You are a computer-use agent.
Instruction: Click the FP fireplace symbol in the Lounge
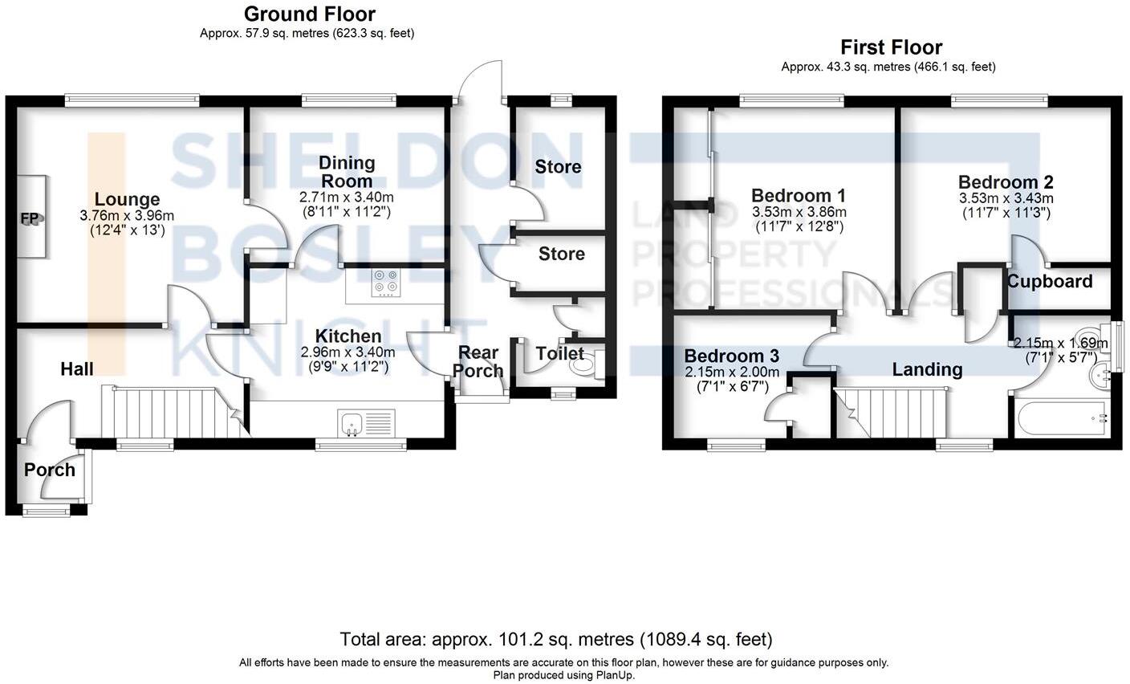tap(31, 218)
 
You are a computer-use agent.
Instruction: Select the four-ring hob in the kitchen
tap(385, 283)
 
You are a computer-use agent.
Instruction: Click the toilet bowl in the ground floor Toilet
tap(582, 366)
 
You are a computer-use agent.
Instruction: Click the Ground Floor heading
tap(309, 14)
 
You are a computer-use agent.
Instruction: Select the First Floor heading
tap(891, 47)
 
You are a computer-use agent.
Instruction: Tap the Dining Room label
tap(347, 171)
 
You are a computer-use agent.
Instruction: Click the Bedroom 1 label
tap(798, 195)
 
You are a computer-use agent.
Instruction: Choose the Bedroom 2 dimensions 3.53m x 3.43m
tap(1006, 198)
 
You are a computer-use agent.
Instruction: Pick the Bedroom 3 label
tap(731, 356)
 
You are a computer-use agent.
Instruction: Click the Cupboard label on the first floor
tap(1049, 282)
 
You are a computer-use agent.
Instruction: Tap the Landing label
tap(927, 369)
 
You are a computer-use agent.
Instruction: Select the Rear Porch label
tap(478, 361)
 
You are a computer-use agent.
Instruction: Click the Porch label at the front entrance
tap(49, 470)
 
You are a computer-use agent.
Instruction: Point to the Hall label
tap(77, 368)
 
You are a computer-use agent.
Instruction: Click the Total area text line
tap(555, 639)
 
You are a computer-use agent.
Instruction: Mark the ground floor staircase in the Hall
tap(173, 412)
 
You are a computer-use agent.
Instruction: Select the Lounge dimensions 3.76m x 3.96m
tap(127, 216)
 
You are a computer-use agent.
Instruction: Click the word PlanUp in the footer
tap(614, 675)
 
